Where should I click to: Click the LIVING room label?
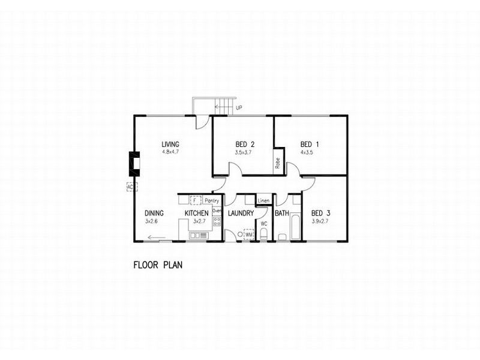pyautogui.click(x=170, y=144)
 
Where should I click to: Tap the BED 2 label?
pyautogui.click(x=245, y=144)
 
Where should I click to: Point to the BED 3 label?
pyautogui.click(x=320, y=214)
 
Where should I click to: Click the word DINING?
pyautogui.click(x=154, y=213)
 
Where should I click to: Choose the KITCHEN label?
pyautogui.click(x=196, y=213)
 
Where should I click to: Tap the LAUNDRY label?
pyautogui.click(x=241, y=213)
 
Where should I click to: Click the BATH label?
pyautogui.click(x=282, y=213)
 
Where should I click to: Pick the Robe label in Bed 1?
pyautogui.click(x=278, y=163)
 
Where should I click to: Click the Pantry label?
pyautogui.click(x=212, y=200)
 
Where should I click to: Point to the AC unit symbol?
pyautogui.click(x=129, y=187)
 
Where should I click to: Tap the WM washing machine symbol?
pyautogui.click(x=249, y=235)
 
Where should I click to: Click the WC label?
pyautogui.click(x=263, y=223)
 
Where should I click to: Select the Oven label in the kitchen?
pyautogui.click(x=217, y=211)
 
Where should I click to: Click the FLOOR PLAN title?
pyautogui.click(x=158, y=263)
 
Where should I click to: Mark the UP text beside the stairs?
pyautogui.click(x=239, y=109)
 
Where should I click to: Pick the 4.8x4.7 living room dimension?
pyautogui.click(x=170, y=152)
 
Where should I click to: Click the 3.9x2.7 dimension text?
pyautogui.click(x=320, y=221)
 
